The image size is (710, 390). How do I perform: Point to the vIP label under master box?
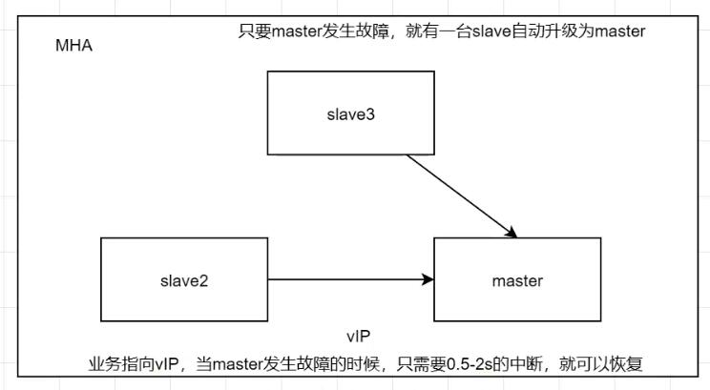click(x=359, y=337)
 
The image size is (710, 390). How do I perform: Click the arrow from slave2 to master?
click(x=344, y=279)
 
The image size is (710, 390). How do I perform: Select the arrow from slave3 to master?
click(x=458, y=195)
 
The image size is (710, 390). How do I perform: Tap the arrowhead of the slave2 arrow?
click(x=428, y=279)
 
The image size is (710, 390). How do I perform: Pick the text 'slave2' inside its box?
click(x=184, y=280)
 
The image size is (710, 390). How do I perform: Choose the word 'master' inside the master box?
click(x=517, y=280)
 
